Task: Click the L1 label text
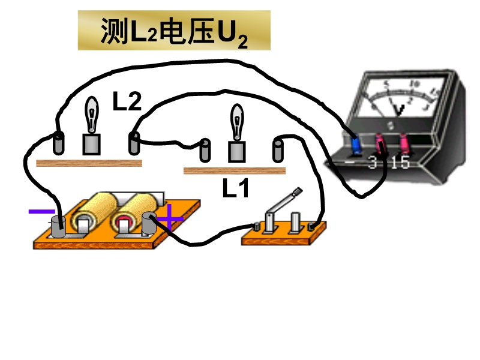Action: tap(235, 189)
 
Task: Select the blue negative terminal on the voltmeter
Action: tap(355, 145)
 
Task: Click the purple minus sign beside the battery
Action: tap(41, 211)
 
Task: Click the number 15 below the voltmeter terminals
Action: tap(399, 162)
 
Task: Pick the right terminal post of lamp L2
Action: tap(133, 143)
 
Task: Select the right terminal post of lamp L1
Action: tap(278, 149)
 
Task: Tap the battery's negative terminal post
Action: tap(58, 226)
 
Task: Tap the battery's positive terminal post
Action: tap(148, 224)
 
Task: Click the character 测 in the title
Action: tap(112, 31)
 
